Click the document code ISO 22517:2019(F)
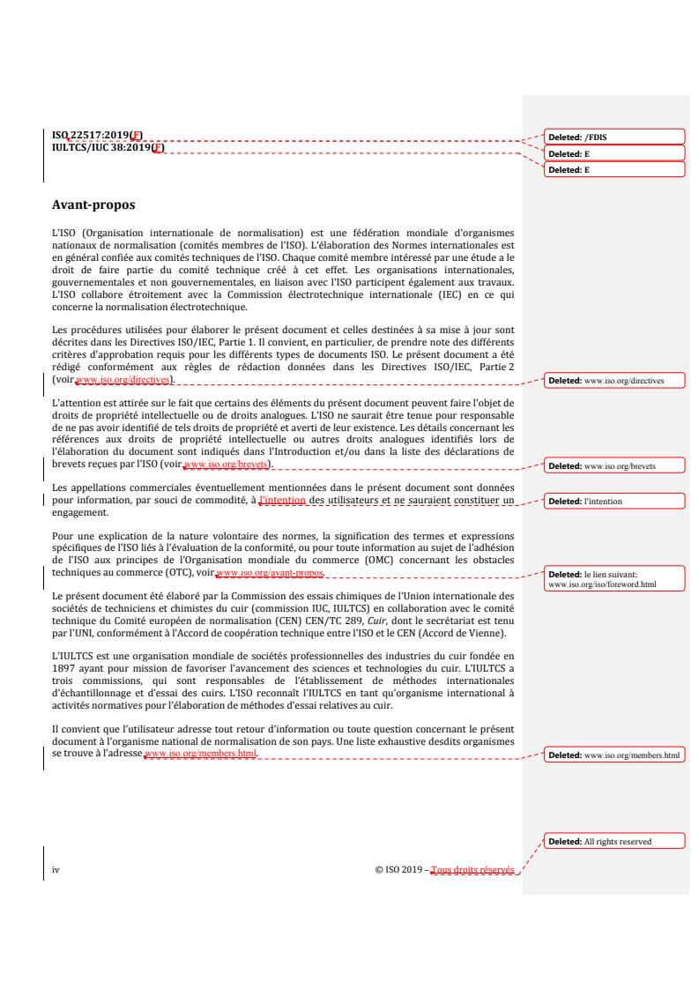pos(98,135)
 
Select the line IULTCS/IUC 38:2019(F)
pos(108,147)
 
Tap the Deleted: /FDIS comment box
pos(615,137)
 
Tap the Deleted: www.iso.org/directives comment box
pos(615,381)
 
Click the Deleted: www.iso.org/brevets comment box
pos(615,464)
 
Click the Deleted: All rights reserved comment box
pos(615,841)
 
